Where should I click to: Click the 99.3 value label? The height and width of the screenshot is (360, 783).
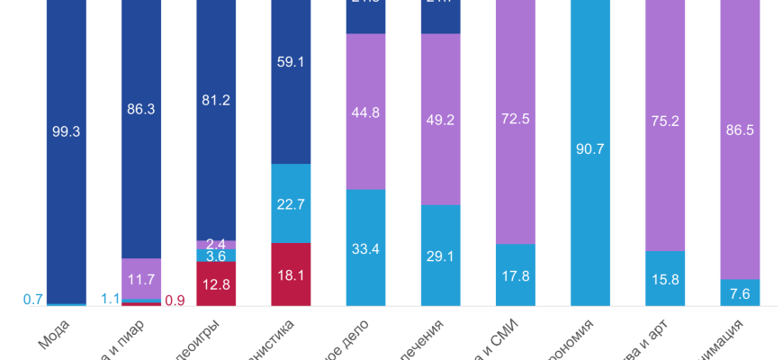[x=67, y=131]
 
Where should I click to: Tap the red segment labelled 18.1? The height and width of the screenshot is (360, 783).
[x=291, y=274]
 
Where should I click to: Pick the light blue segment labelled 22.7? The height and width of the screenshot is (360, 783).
[x=291, y=203]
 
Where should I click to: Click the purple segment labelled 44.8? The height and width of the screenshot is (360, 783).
[x=365, y=112]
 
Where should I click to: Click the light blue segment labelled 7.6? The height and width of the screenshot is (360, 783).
[x=740, y=292]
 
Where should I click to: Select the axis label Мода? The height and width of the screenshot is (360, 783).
[x=54, y=338]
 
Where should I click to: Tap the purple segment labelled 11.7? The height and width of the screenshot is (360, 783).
[x=141, y=278]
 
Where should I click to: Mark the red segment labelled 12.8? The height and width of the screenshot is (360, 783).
[x=216, y=283]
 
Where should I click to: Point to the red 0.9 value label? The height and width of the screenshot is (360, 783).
[x=175, y=301]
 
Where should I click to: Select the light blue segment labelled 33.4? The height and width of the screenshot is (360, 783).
[x=365, y=247]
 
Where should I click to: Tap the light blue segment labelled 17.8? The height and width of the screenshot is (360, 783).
[x=516, y=275]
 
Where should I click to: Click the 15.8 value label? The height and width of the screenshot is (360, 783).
[x=665, y=279]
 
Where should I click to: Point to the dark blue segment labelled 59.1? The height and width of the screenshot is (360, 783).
[x=291, y=85]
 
